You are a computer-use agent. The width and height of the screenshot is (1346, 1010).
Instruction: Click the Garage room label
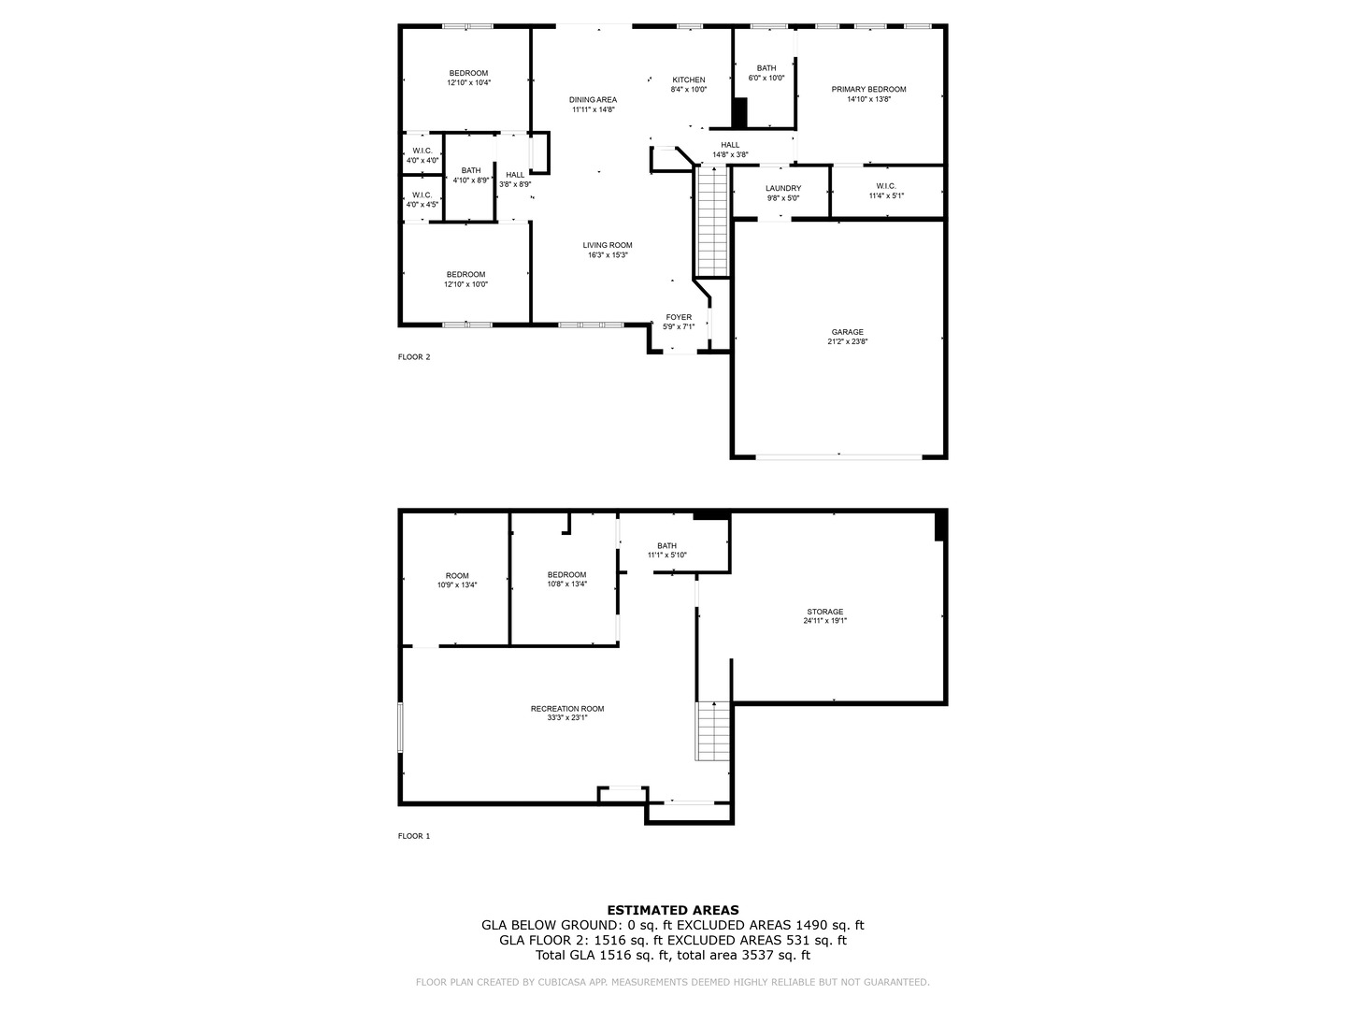pyautogui.click(x=847, y=332)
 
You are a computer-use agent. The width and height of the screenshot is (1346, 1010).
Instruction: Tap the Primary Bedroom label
pyautogui.click(x=868, y=89)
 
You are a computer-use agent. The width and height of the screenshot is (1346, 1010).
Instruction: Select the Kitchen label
pyautogui.click(x=689, y=79)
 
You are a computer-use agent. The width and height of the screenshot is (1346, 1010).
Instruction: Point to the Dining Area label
pyautogui.click(x=593, y=100)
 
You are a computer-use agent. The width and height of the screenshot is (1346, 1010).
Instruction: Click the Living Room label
pyautogui.click(x=607, y=245)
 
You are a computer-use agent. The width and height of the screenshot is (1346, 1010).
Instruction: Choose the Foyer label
pyautogui.click(x=679, y=317)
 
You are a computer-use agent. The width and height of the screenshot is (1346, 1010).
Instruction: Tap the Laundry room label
pyautogui.click(x=783, y=188)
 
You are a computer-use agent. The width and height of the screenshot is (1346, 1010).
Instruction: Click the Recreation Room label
pyautogui.click(x=567, y=708)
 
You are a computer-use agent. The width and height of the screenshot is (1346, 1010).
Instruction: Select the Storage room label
pyautogui.click(x=824, y=612)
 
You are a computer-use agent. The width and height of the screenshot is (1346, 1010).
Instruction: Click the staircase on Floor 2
pyautogui.click(x=712, y=221)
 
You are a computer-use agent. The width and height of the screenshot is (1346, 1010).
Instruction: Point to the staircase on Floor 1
pyautogui.click(x=713, y=731)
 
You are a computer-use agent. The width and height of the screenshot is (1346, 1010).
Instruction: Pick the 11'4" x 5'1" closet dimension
pyautogui.click(x=886, y=195)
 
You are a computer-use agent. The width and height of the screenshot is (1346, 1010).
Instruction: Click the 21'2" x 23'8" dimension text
pyautogui.click(x=847, y=341)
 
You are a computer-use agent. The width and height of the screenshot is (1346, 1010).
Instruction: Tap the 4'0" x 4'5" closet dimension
pyautogui.click(x=422, y=205)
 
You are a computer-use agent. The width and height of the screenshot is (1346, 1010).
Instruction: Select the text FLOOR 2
pyautogui.click(x=414, y=357)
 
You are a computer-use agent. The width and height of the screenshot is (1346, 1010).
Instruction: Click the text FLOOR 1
pyautogui.click(x=414, y=836)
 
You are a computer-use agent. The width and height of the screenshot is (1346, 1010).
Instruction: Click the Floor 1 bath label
pyautogui.click(x=666, y=546)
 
